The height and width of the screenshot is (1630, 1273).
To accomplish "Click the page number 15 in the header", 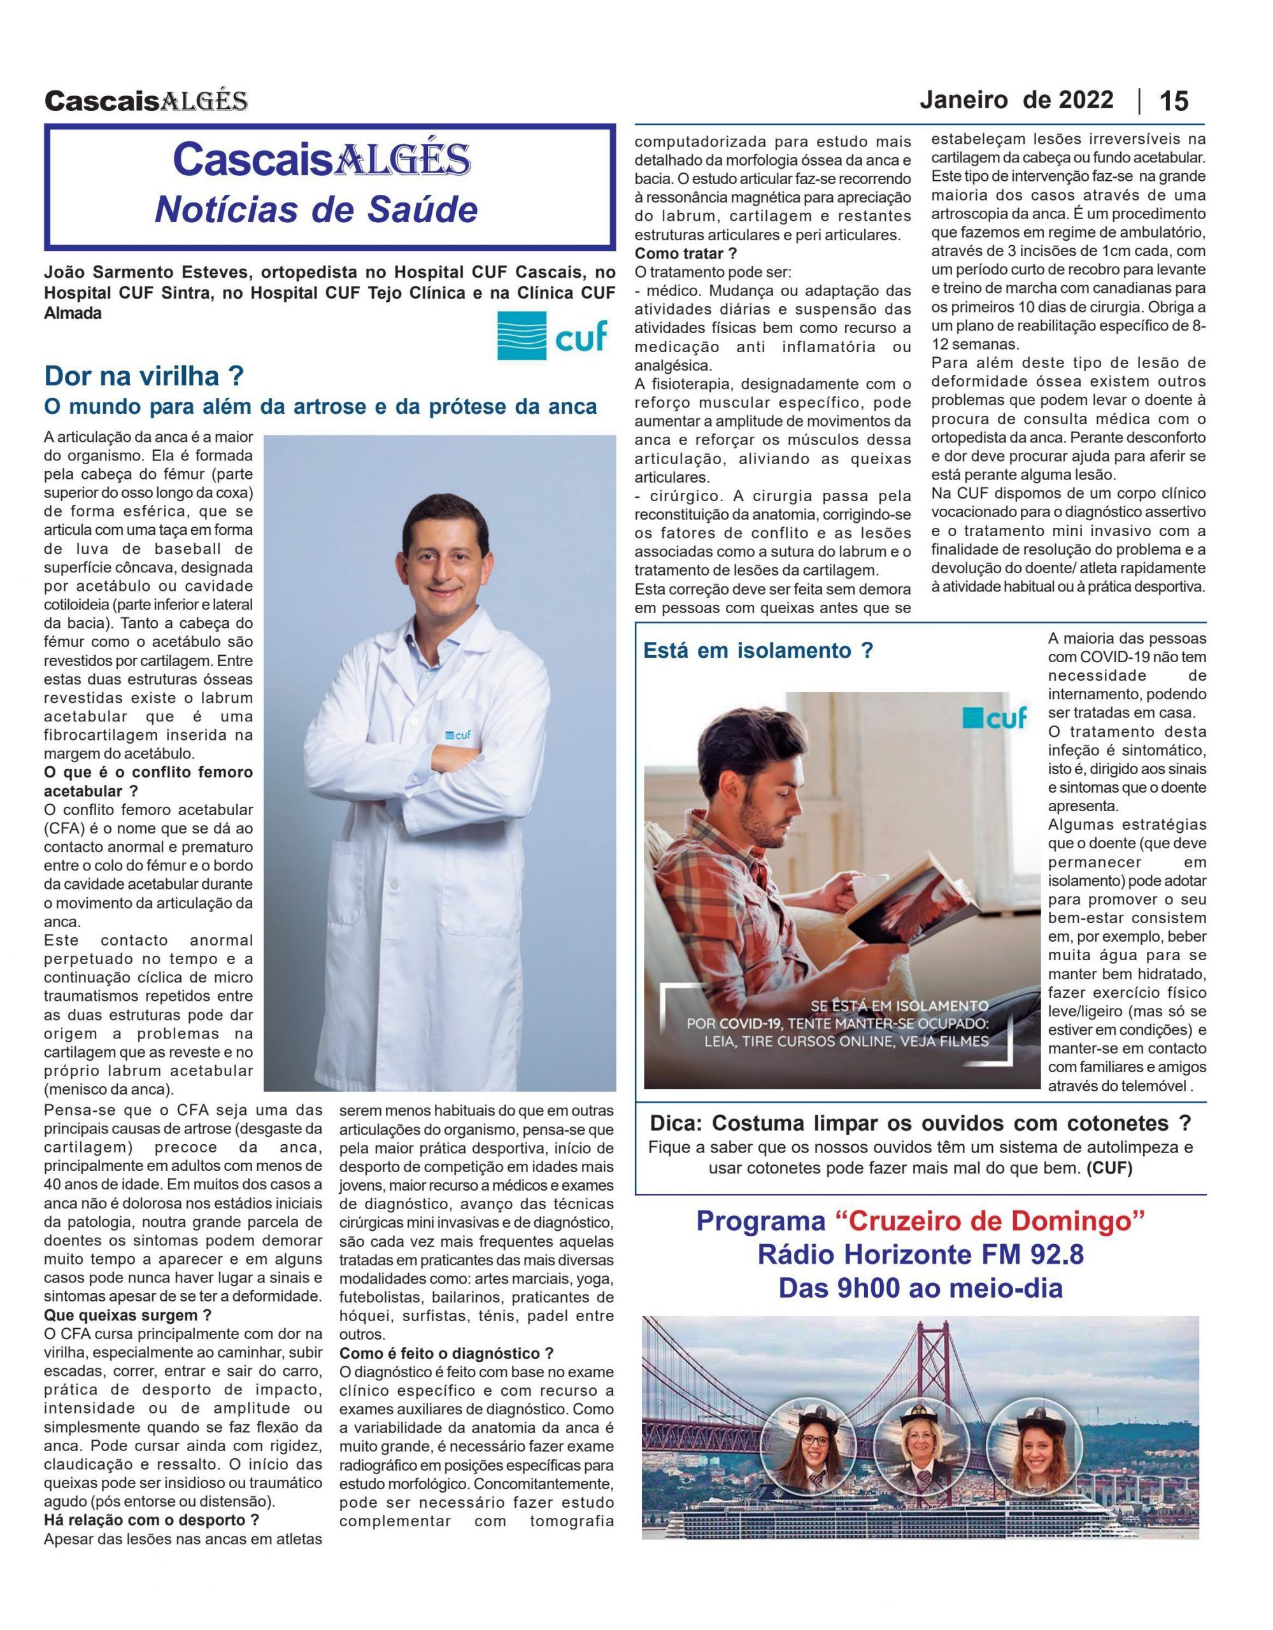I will click(1173, 101).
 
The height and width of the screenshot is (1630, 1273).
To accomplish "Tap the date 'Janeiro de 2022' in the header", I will click(1016, 99).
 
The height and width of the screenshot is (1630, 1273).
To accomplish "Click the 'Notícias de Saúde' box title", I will click(316, 211).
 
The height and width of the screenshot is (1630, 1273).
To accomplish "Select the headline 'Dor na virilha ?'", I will click(144, 376).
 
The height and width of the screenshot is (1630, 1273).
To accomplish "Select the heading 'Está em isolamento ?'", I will click(758, 651).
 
